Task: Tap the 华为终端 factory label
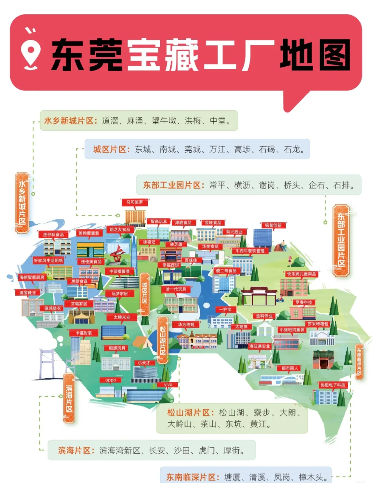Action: pyautogui.click(x=186, y=324)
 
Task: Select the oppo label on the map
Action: pyautogui.click(x=111, y=380)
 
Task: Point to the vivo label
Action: pyautogui.click(x=168, y=385)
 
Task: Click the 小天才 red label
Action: pyautogui.click(x=144, y=363)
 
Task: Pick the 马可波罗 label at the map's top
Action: pyautogui.click(x=134, y=202)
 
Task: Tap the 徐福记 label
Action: pyautogui.click(x=149, y=242)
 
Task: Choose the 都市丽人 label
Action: pyautogui.click(x=289, y=368)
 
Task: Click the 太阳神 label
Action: pyautogui.click(x=241, y=326)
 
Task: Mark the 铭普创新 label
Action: pyautogui.click(x=273, y=225)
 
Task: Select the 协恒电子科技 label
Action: pyautogui.click(x=333, y=385)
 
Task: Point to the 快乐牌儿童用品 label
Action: pyautogui.click(x=302, y=274)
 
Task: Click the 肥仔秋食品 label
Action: pyautogui.click(x=54, y=235)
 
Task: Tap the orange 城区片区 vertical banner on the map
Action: pyautogui.click(x=145, y=293)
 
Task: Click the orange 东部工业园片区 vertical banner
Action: pyautogui.click(x=341, y=240)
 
